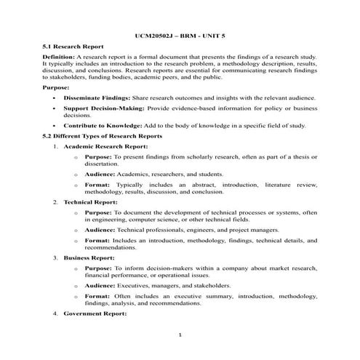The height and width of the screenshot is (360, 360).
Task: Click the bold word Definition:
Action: click(x=58, y=56)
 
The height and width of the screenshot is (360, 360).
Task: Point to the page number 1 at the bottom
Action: click(x=180, y=335)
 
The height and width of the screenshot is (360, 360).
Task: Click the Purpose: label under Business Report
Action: click(x=99, y=268)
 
